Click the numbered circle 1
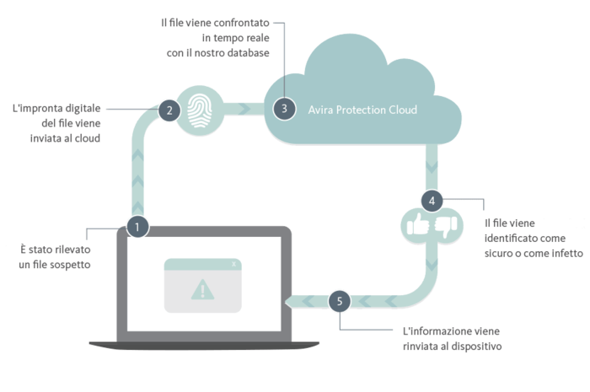137,227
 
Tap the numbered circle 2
169,110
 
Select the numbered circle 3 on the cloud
284,109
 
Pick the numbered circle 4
432,201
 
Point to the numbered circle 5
340,301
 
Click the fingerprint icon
200,110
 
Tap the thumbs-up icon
418,224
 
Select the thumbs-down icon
446,227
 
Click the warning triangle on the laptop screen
202,290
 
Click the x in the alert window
234,264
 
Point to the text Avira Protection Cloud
362,110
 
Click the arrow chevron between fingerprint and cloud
244,109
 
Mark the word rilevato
74,250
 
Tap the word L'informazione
432,331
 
